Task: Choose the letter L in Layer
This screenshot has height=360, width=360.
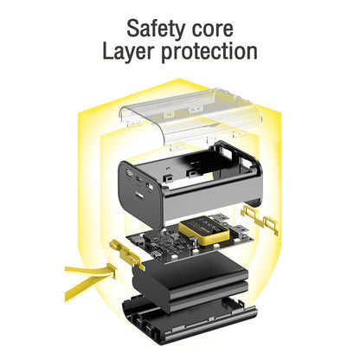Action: tap(107, 50)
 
